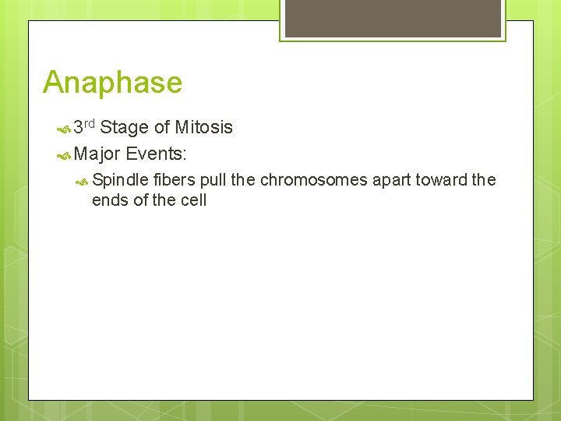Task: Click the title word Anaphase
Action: pyautogui.click(x=112, y=82)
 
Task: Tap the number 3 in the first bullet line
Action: pyautogui.click(x=78, y=128)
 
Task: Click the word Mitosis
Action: pyautogui.click(x=203, y=127)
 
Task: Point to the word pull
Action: pyautogui.click(x=213, y=180)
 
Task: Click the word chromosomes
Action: pyautogui.click(x=313, y=180)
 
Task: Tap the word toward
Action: pyautogui.click(x=443, y=180)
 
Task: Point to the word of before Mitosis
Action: pyautogui.click(x=162, y=128)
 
